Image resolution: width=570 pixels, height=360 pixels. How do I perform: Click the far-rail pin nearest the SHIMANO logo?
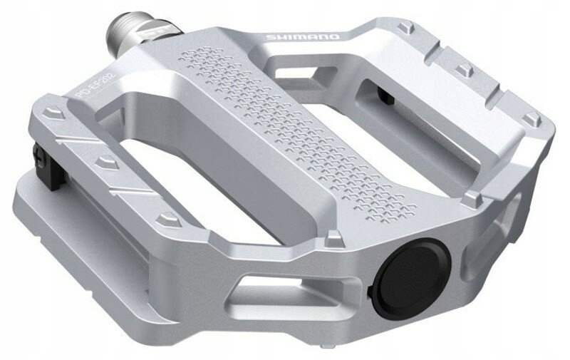click(x=405, y=27)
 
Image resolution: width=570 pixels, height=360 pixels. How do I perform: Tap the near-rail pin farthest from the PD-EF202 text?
click(x=167, y=217)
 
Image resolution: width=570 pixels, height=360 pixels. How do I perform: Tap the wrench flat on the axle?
click(x=152, y=33)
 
